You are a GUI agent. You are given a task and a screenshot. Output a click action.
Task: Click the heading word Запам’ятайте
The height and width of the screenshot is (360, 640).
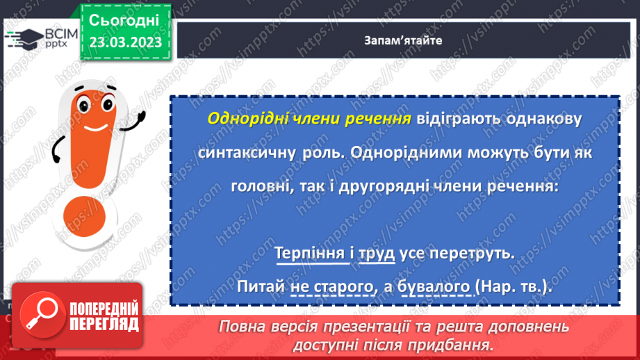(402, 40)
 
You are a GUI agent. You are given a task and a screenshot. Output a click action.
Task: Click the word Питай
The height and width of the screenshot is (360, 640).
(260, 286)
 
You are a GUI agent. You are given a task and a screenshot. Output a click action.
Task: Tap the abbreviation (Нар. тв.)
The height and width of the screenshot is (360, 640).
(514, 286)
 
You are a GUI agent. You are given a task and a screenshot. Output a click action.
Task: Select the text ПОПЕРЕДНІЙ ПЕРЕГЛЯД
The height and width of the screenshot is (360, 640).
(104, 317)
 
